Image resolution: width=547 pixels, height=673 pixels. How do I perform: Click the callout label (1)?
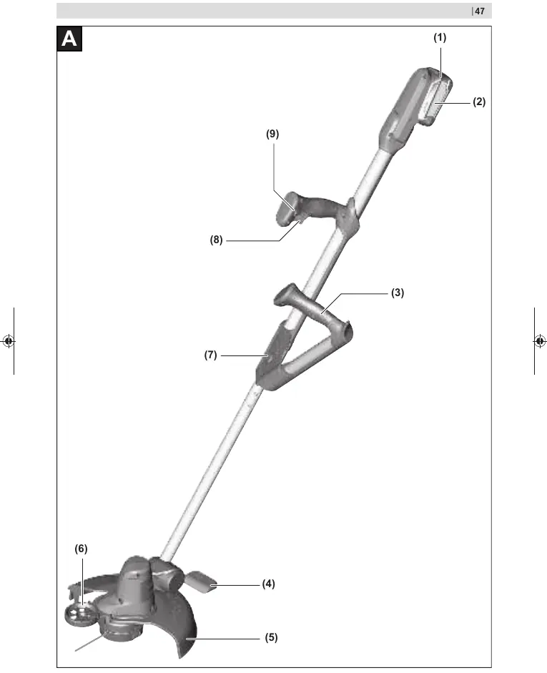(440, 38)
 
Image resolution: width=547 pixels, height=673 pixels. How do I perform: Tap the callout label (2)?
(479, 102)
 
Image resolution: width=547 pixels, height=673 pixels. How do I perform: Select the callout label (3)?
(398, 293)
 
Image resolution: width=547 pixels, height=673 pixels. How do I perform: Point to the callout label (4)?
(269, 584)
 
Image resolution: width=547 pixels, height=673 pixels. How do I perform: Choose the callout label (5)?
(271, 638)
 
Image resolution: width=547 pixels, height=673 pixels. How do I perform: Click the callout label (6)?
(81, 549)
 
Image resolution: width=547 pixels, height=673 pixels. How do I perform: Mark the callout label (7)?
(211, 355)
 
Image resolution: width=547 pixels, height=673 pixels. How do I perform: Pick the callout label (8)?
(216, 240)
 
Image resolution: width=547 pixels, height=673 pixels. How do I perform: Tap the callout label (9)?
(272, 134)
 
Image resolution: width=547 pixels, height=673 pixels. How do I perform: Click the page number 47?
(480, 11)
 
